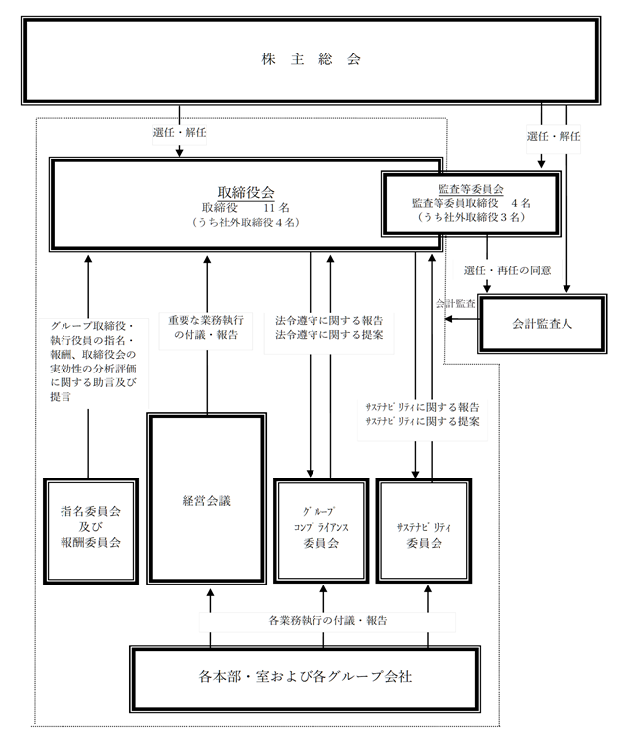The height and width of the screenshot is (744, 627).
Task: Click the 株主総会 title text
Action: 312,59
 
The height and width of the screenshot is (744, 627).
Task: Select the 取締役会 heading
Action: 246,192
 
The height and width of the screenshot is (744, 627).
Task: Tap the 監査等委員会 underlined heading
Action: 470,189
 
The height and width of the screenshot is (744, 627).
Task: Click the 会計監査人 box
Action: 542,324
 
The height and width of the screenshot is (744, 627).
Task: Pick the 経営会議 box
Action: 206,498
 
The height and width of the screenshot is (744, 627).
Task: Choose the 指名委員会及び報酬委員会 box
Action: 90,530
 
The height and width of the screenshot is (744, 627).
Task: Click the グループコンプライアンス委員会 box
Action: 321,530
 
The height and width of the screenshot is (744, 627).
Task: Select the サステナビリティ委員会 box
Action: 425,530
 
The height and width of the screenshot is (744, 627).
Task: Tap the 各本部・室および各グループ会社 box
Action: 305,679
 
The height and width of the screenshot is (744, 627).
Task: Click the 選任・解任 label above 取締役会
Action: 180,132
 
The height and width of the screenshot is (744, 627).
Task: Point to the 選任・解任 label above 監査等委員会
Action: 554,136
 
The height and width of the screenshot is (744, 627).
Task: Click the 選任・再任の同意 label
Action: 507,270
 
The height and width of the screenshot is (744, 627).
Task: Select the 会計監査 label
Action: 455,304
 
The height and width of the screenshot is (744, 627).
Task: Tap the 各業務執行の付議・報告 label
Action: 327,620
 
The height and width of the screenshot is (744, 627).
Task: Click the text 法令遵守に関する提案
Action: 328,335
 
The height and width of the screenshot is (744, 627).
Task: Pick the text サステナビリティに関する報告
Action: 423,407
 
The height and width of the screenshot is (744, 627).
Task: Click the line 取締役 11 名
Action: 246,208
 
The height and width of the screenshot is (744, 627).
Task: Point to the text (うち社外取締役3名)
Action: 470,217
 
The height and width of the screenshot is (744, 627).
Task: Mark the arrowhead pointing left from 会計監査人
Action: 448,319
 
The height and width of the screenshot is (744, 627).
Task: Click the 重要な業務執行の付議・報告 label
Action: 205,327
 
